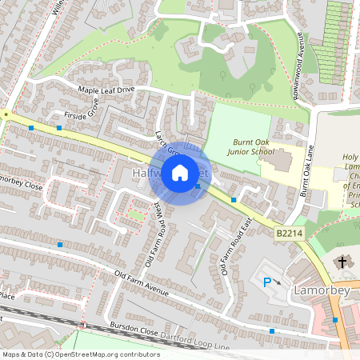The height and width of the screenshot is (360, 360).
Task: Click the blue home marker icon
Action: (x=180, y=171)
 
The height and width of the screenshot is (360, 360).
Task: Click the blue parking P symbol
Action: (x=268, y=281)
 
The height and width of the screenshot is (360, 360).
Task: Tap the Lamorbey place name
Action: (x=322, y=290)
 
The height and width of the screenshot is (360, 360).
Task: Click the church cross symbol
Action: (x=343, y=262)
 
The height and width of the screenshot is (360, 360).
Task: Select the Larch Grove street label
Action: (x=166, y=136)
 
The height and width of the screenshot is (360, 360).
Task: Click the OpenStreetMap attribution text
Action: (x=81, y=354)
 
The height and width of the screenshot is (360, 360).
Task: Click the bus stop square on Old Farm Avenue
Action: (x=60, y=245)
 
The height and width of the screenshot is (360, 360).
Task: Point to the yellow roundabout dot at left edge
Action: (x=5, y=115)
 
